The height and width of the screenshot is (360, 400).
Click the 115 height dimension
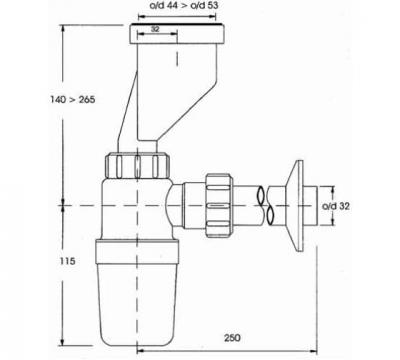(36, 260)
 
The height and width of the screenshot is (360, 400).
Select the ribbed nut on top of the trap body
(136, 164)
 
